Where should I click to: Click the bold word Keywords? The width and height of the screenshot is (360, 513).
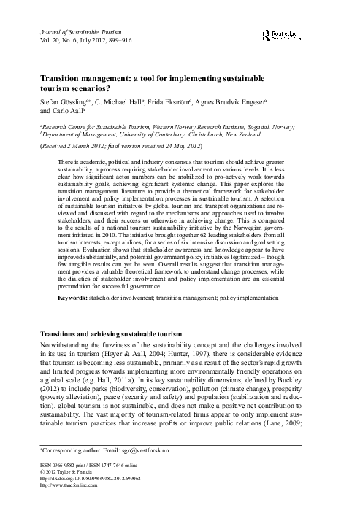74,298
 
